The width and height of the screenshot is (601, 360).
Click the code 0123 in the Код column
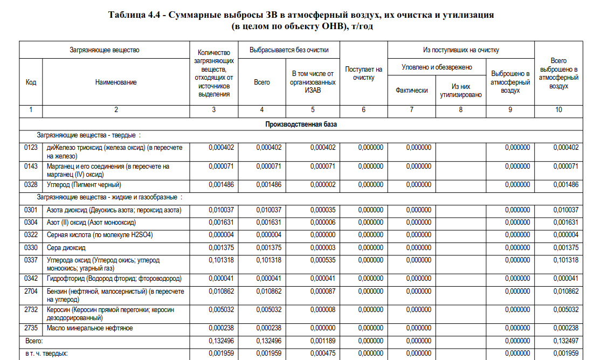[31, 148]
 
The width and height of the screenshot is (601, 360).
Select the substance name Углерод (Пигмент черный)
[81, 184]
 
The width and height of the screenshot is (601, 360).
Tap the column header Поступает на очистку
[363, 74]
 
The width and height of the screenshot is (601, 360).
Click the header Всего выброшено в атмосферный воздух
[558, 74]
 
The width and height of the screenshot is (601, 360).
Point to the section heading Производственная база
[301, 124]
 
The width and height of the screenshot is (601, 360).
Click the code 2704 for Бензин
[31, 292]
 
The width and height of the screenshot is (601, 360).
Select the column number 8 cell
[460, 110]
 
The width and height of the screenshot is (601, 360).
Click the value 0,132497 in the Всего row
[565, 341]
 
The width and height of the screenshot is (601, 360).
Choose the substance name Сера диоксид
[66, 247]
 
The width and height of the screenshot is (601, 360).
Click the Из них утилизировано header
[460, 91]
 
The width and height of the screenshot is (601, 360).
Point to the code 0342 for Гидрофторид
[31, 279]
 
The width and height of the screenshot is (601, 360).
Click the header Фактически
[411, 91]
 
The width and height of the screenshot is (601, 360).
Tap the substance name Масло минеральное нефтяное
[89, 328]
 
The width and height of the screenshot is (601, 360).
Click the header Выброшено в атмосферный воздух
[510, 82]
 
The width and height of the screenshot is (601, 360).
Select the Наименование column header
[116, 82]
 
